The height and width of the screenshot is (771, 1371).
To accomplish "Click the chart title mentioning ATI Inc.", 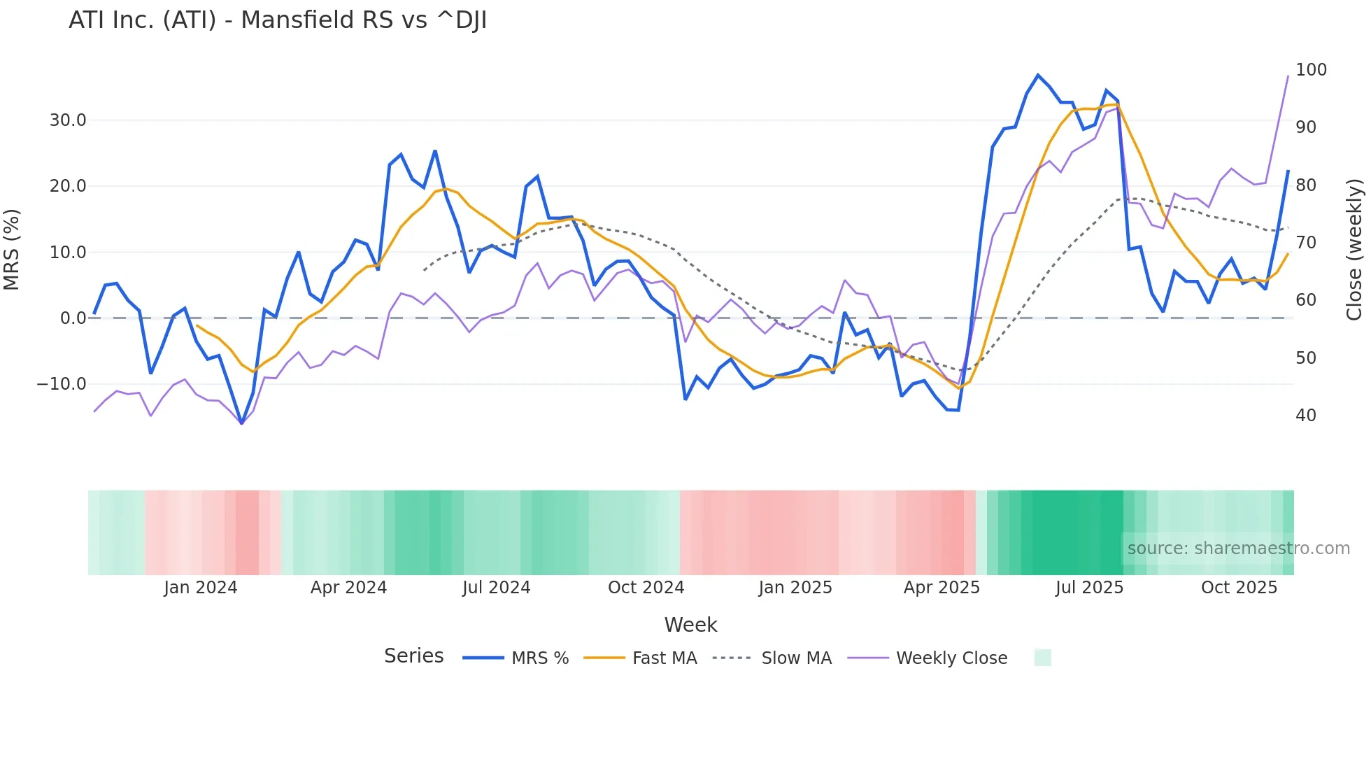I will (278, 20).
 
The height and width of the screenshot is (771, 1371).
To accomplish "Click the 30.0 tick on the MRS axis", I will (68, 120).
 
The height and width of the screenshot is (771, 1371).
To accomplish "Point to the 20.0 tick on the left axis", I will (68, 186).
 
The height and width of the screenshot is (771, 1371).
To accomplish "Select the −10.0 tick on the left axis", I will (62, 384).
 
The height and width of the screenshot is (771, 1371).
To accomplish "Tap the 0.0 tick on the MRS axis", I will (73, 318).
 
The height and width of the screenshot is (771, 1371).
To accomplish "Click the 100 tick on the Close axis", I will (1311, 70).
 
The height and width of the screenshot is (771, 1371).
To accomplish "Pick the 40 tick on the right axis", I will (1306, 416).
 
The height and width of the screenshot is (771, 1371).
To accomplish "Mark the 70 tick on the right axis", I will (1306, 243).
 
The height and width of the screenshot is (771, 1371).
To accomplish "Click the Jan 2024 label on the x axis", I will (201, 588).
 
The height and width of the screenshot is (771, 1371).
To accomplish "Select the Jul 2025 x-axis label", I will (1089, 588).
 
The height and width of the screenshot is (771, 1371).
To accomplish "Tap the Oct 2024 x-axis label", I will (646, 588).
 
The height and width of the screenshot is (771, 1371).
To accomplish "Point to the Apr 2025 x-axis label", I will (942, 588).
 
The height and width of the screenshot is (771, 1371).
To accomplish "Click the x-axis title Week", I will (690, 625).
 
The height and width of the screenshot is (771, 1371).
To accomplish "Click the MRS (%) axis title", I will (12, 249).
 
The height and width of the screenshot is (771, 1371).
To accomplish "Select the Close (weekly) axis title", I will (1354, 249).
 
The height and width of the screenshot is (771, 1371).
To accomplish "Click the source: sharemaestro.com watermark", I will (1238, 549).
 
